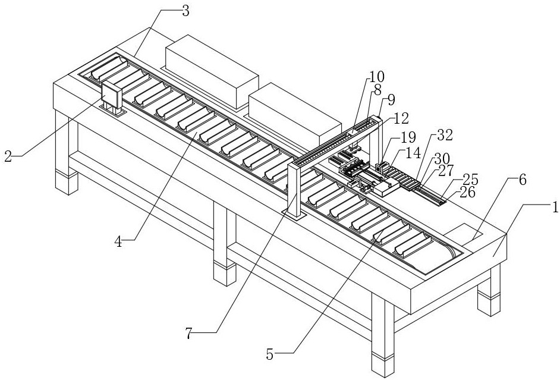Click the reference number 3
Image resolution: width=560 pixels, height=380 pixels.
click(185, 11)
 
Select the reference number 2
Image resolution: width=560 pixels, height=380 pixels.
click(8, 156)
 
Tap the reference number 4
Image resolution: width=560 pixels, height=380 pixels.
click(118, 241)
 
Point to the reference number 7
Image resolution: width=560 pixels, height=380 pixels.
click(188, 334)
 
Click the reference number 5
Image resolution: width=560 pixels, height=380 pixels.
click(270, 355)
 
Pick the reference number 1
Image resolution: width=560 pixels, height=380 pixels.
click(554, 208)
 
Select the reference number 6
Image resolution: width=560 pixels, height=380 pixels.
click(523, 180)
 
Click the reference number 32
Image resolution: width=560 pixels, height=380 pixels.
click(445, 135)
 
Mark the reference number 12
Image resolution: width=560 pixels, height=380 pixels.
click(401, 118)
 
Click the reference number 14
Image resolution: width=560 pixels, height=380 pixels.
click(412, 153)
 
